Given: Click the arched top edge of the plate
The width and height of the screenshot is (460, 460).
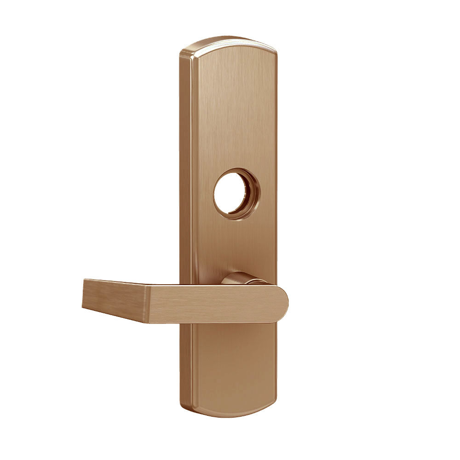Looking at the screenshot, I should (230, 40).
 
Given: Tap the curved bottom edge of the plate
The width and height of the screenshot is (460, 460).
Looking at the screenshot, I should (230, 416).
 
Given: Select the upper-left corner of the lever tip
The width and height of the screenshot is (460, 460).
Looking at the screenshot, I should (83, 279).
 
